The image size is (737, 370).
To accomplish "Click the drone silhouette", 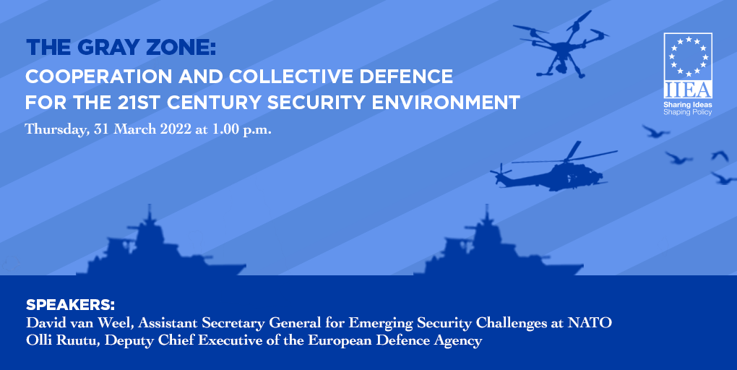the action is coord(562,47).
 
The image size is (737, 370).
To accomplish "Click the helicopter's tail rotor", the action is coord(500,172).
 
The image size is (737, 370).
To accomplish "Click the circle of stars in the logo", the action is coord(688,56).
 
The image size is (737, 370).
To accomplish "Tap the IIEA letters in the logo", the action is coord(688,90).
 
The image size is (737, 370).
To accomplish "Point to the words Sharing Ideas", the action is coord(688,105).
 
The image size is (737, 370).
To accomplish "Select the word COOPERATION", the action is coord(99,76).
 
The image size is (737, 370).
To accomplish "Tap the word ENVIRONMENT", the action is coord(446,103).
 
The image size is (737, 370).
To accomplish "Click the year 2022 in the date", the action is coord(176,129).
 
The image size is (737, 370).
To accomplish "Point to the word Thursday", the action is coord(57,130).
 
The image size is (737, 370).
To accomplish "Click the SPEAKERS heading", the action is coord(71,305).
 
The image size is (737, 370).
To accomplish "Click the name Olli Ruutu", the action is coord(62,340).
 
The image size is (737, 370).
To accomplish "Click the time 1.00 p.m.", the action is coord(241,130).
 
